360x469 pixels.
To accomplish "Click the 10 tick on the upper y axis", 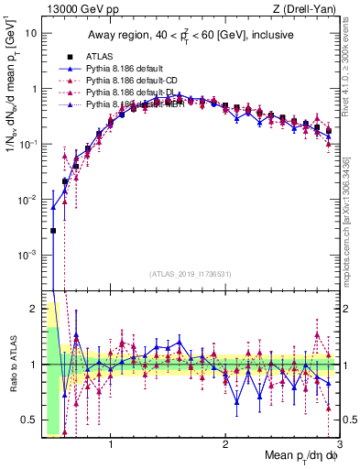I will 31,34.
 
